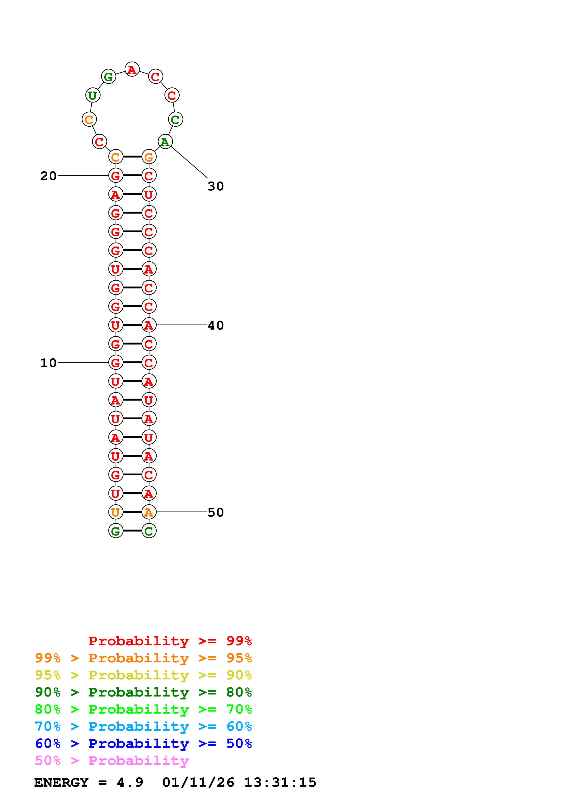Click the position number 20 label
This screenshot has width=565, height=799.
point(48,176)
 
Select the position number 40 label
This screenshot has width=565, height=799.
point(215,325)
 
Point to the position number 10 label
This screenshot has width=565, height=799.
point(48,363)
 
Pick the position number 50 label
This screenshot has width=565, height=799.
point(215,512)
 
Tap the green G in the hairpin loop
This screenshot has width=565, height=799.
point(109,76)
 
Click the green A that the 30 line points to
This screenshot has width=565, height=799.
point(165,142)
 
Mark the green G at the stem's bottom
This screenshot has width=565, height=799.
point(116,531)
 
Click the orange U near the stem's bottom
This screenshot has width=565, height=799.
point(116,512)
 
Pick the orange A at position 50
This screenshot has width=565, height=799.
point(149,512)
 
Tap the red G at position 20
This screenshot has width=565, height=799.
point(116,176)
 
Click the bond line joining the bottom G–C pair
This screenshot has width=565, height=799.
point(132,531)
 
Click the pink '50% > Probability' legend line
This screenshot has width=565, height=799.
point(112,761)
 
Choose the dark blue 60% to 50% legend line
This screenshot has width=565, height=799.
point(143,744)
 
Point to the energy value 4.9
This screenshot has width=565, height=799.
point(130,783)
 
